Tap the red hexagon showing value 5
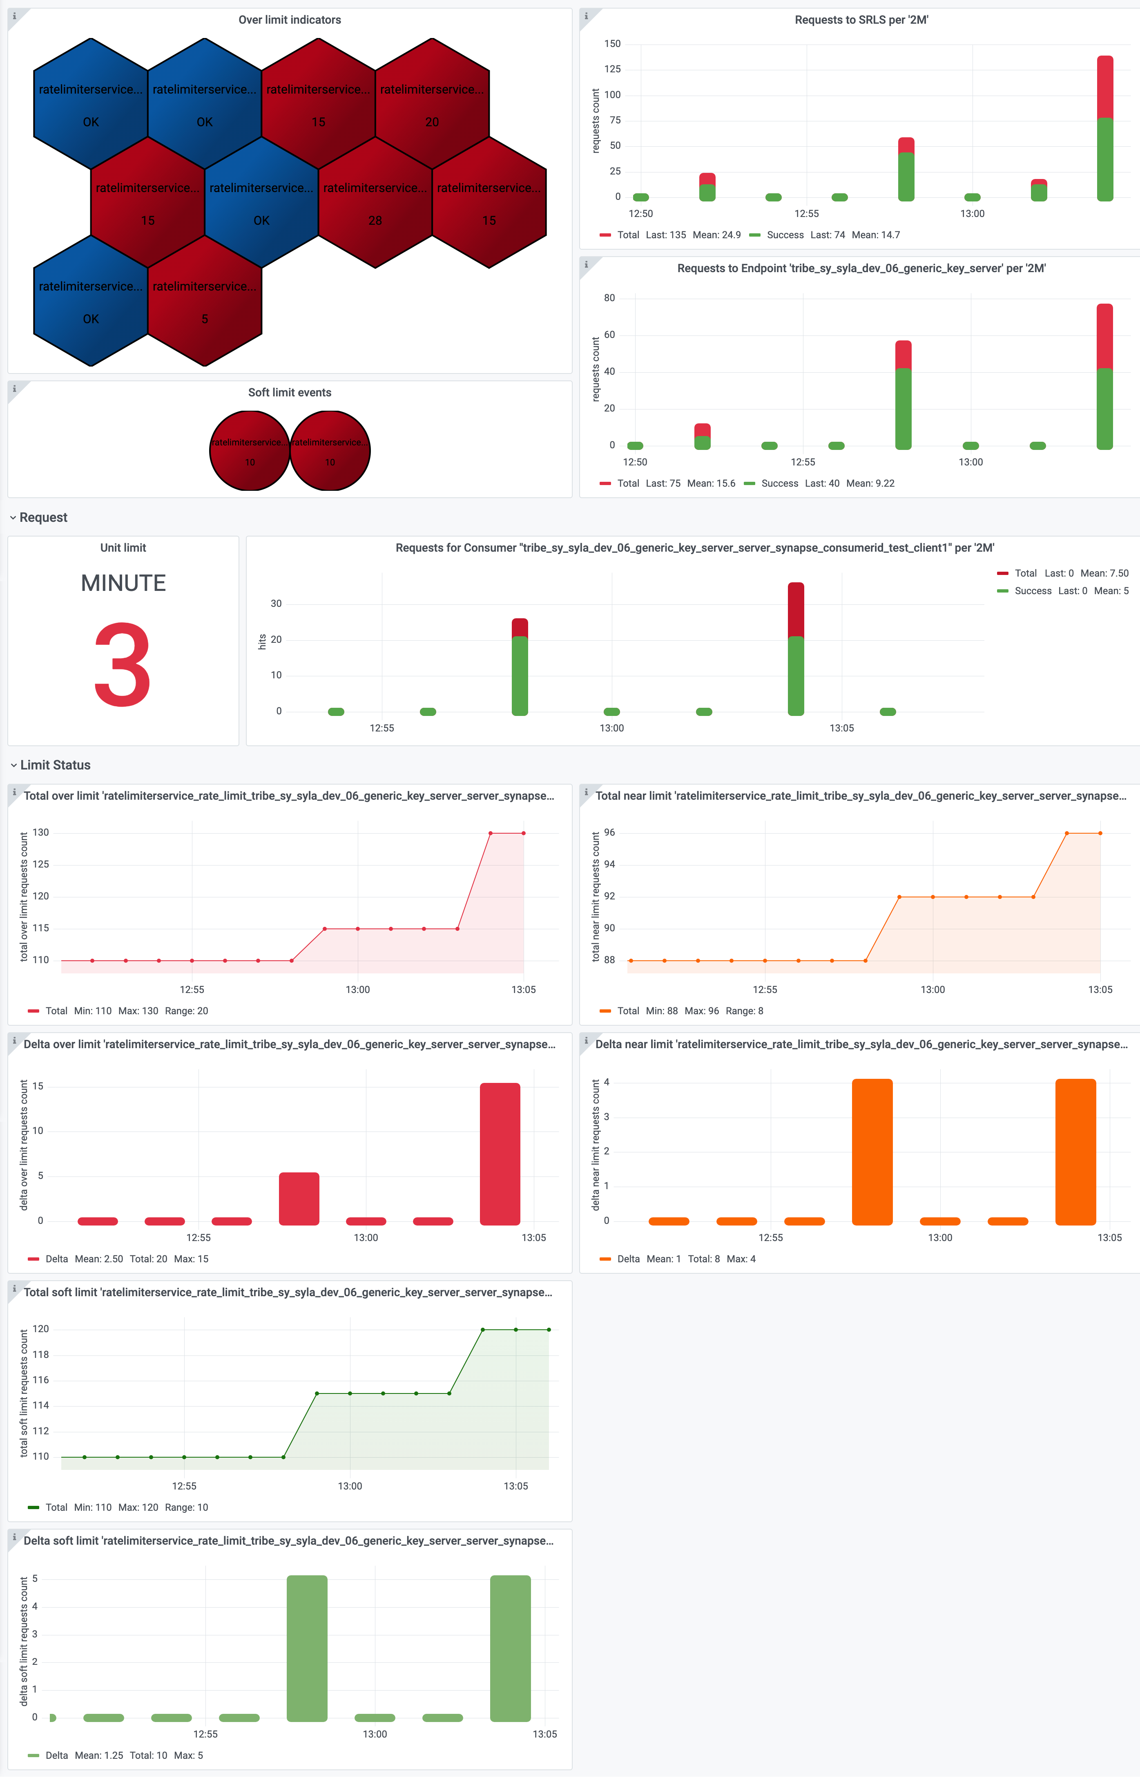(x=205, y=302)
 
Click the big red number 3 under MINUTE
(x=123, y=664)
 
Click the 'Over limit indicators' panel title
(x=290, y=20)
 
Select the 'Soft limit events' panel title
(x=290, y=392)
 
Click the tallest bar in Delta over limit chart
(x=500, y=1153)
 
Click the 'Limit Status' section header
(x=55, y=765)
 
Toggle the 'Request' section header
(x=43, y=518)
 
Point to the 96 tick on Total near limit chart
(x=609, y=832)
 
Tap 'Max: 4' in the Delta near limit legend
(x=741, y=1259)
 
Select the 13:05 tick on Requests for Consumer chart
(x=842, y=728)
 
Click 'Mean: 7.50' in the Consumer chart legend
(x=1104, y=573)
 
